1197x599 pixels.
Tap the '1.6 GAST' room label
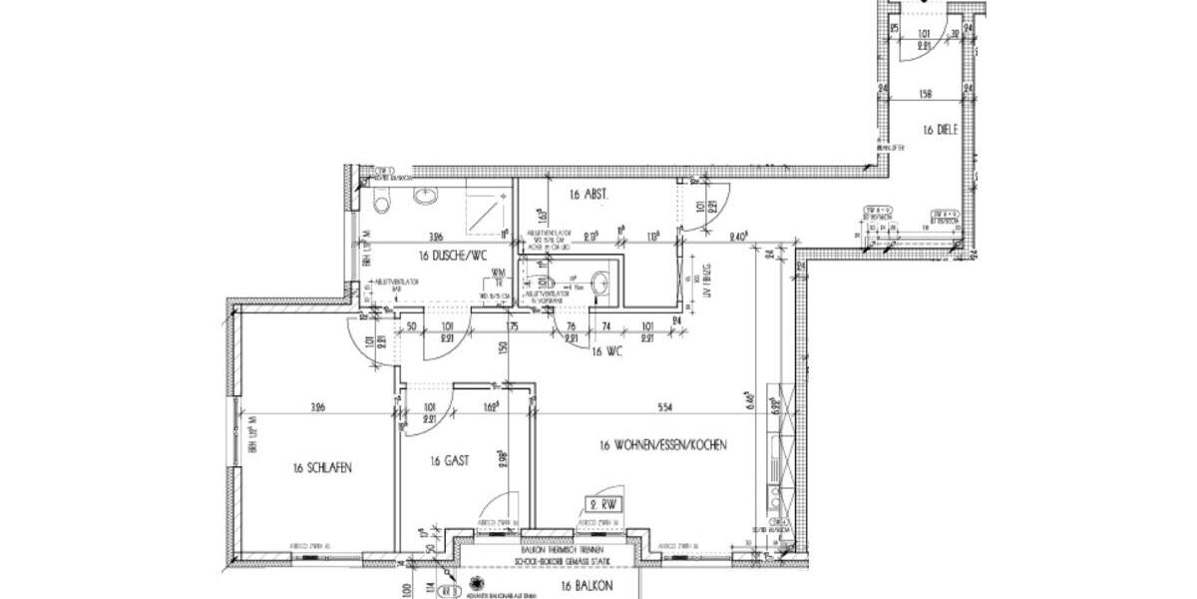point(449,461)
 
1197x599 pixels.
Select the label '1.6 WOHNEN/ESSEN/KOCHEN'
point(662,445)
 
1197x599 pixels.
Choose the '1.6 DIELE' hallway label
point(941,130)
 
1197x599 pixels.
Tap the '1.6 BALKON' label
point(586,585)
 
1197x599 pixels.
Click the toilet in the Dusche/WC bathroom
point(380,203)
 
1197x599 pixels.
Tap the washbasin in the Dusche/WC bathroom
point(426,194)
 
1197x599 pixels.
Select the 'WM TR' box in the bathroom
point(497,277)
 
